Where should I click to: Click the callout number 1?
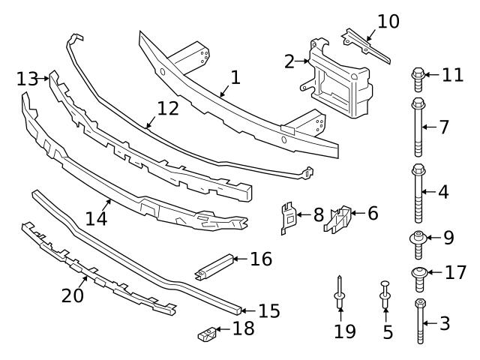pyautogui.click(x=235, y=77)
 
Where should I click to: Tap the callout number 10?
pyautogui.click(x=388, y=21)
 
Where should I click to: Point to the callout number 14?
pyautogui.click(x=95, y=218)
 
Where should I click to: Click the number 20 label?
pyautogui.click(x=73, y=296)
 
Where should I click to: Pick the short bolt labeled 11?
pyautogui.click(x=418, y=75)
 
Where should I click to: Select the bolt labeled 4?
pyautogui.click(x=418, y=191)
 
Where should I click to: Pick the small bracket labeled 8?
pyautogui.click(x=289, y=217)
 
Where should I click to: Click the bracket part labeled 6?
pyautogui.click(x=341, y=219)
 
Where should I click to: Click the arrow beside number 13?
pyautogui.click(x=44, y=78)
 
